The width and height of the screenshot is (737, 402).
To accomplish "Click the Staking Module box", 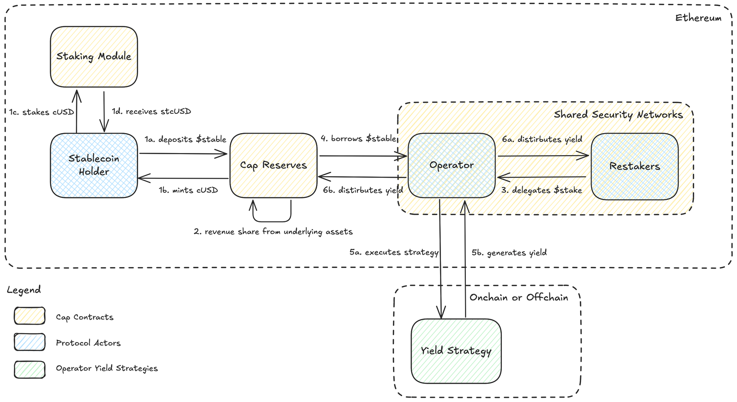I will (x=94, y=57).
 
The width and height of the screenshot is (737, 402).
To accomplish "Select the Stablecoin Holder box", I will (x=94, y=165).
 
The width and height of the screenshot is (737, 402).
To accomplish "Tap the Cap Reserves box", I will (x=273, y=165).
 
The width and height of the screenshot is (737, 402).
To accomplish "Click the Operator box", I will (x=452, y=165).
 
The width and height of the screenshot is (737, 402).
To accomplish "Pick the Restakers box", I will (x=634, y=166).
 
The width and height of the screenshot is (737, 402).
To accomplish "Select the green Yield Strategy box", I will (x=456, y=351).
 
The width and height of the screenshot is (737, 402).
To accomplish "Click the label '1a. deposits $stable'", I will (x=185, y=139).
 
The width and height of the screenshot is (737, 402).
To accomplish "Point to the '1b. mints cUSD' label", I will (x=188, y=190).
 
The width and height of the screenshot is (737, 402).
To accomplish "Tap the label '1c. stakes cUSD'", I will (x=41, y=112).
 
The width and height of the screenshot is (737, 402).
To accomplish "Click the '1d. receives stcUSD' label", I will (x=152, y=111).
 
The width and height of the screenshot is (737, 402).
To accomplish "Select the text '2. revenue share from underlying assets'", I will (x=273, y=231).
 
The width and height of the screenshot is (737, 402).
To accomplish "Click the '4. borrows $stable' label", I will (x=358, y=139).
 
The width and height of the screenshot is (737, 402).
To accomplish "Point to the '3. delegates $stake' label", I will (x=541, y=190).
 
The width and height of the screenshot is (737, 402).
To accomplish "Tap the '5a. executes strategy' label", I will (x=394, y=252).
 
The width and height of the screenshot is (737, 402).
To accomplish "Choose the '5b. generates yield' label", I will (x=509, y=253).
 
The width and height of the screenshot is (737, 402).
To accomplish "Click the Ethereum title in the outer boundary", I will (x=698, y=18).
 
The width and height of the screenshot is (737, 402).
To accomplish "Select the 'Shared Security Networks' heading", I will (x=618, y=114).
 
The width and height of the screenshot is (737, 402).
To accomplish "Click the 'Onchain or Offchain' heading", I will (x=519, y=297).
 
